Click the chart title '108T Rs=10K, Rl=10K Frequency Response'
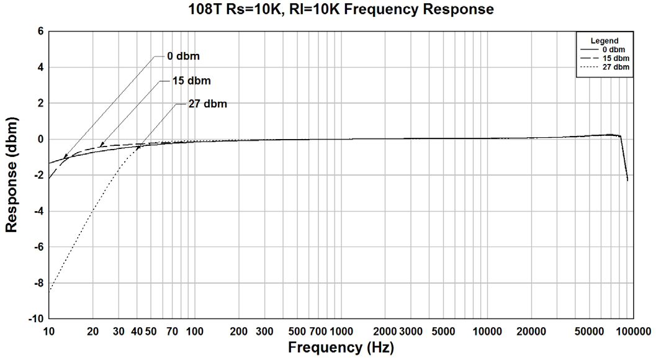[x=341, y=9]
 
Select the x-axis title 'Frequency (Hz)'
[x=341, y=348]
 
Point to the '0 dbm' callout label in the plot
[x=184, y=56]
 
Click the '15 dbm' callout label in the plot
[x=192, y=81]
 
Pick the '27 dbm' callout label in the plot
[x=208, y=104]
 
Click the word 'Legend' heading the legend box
[x=604, y=40]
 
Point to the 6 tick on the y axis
[x=38, y=31]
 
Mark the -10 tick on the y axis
[x=35, y=318]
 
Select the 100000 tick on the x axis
[x=633, y=332]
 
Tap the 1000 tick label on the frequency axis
[x=341, y=332]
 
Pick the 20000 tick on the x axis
[x=531, y=332]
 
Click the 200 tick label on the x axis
[x=239, y=332]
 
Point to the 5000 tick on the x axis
[x=443, y=332]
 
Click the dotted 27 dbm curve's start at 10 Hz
[x=49, y=291]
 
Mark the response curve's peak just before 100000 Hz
[x=611, y=134]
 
